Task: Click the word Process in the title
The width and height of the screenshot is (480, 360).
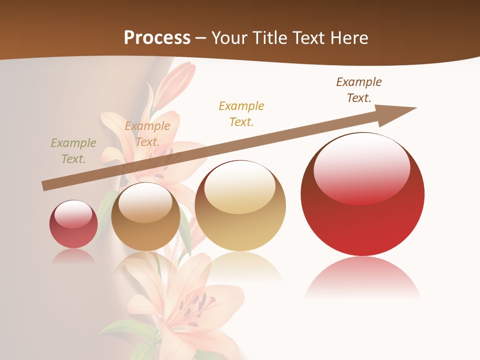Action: (157, 38)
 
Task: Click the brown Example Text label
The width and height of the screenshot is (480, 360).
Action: (359, 90)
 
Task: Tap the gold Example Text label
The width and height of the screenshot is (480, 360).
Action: (241, 113)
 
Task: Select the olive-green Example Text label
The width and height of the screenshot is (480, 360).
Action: (73, 151)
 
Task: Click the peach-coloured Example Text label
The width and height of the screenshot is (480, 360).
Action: (147, 134)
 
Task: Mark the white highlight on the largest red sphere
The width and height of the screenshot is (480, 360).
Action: (362, 167)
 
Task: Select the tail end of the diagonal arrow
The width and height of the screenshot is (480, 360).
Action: (46, 185)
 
